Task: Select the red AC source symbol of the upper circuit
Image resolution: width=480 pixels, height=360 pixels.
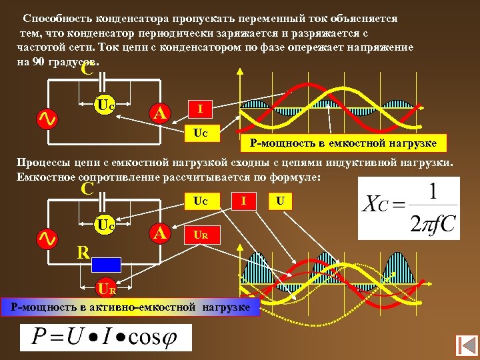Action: [46, 119]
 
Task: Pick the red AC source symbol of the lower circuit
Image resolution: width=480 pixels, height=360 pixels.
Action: [46, 238]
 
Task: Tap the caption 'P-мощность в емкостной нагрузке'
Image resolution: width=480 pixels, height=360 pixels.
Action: [343, 143]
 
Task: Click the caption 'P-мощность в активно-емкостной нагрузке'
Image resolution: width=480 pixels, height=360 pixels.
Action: [130, 307]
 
